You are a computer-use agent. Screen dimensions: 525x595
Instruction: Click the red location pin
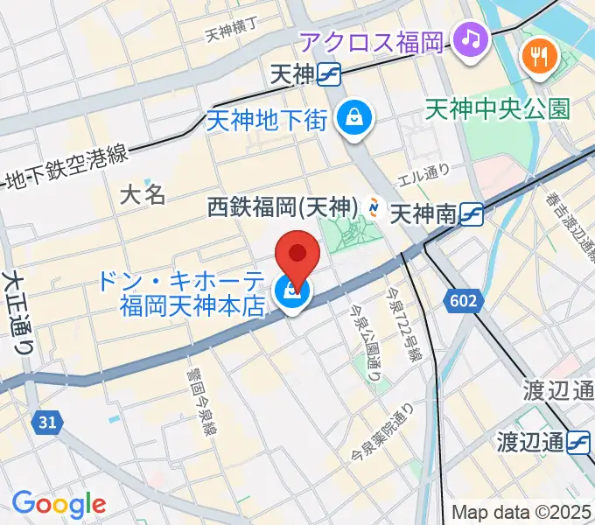297,255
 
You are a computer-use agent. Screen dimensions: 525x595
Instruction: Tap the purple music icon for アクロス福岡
472,39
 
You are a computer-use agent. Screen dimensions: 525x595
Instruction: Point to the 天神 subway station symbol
330,75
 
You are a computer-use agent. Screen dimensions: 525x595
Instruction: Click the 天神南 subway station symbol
472,213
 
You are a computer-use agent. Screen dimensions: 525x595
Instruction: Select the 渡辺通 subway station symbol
579,443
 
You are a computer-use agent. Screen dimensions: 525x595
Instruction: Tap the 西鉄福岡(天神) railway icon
374,207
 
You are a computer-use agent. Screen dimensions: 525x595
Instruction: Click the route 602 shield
465,302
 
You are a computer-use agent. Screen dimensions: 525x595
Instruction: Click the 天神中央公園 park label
497,108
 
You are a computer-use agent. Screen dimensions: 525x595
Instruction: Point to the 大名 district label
142,193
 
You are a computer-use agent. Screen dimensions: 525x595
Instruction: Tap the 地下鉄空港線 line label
66,170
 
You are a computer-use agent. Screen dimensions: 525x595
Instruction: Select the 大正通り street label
17,311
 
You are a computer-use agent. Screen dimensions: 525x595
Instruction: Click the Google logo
59,503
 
